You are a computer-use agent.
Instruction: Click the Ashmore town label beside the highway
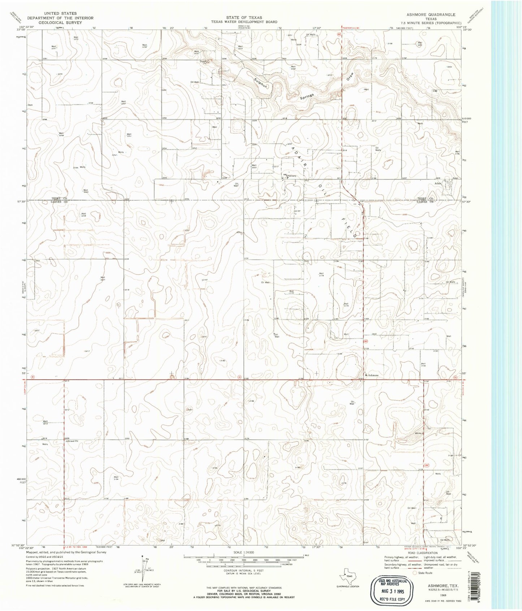tap(373, 375)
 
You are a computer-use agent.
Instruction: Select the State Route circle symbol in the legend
tap(415, 573)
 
